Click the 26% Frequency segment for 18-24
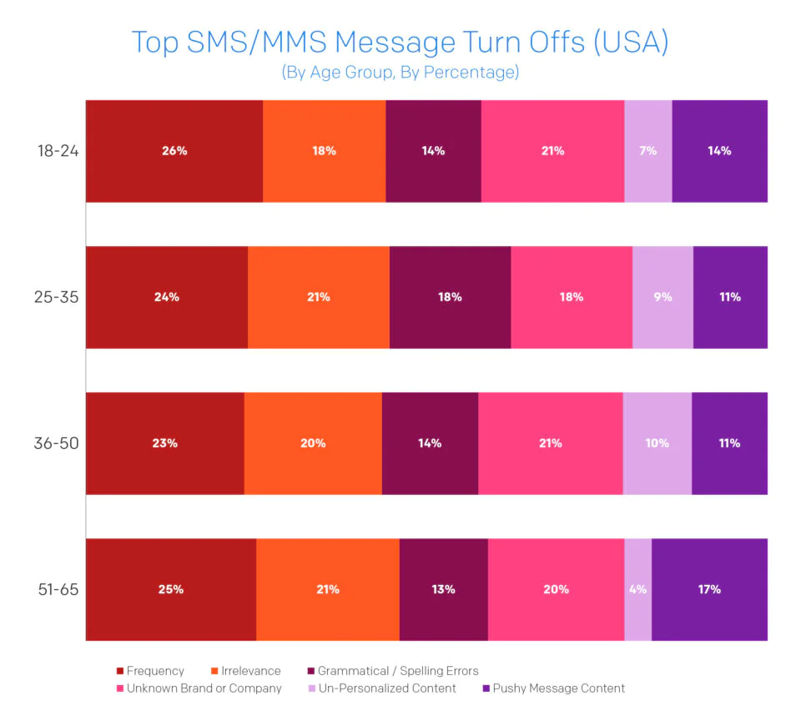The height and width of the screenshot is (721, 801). pos(174,151)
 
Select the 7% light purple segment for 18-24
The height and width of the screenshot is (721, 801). pos(648,151)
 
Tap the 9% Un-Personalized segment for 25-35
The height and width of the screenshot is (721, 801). pos(662,297)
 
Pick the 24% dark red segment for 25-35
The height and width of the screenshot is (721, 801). pos(167,297)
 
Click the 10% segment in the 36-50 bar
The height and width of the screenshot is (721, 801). pos(657,443)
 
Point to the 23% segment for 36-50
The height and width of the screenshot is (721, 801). pos(165,443)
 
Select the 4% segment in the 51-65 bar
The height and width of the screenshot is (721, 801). pos(638,589)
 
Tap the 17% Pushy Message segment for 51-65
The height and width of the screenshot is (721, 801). pos(709,589)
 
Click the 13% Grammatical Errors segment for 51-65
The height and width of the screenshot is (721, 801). pos(444,589)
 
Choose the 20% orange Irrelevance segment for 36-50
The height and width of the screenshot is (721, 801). pos(313,443)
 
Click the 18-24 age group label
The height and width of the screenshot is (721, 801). pos(57,151)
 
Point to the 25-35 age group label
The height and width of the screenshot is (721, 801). pos(57,297)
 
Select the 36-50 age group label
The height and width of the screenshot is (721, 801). pos(57,443)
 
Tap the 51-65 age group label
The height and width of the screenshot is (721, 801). pos(57,589)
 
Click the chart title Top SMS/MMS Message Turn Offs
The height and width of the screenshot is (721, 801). pos(400,42)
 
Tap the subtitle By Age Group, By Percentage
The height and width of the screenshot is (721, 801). pos(400,73)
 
